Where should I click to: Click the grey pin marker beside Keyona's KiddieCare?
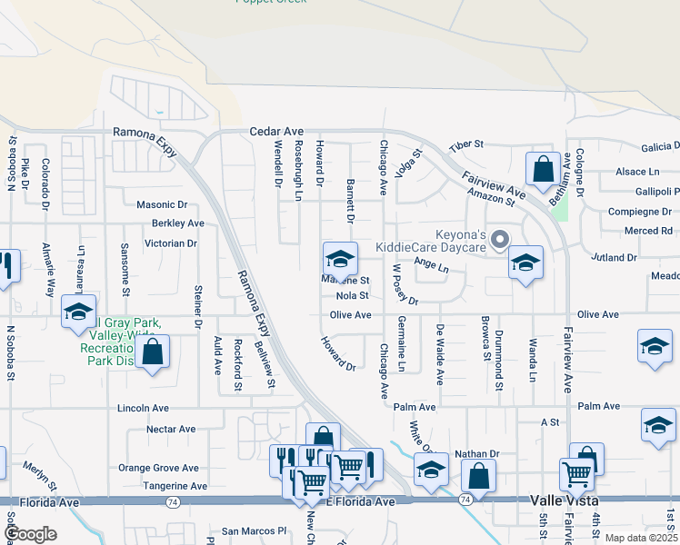click(x=498, y=240)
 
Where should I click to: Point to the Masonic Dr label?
click(x=161, y=205)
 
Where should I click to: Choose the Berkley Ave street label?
click(x=177, y=223)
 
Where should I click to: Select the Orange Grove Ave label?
click(x=158, y=469)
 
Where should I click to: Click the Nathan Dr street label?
click(x=477, y=454)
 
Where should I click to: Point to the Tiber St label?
click(x=465, y=144)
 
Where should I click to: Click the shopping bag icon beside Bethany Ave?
click(x=543, y=169)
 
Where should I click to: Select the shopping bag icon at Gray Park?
click(x=153, y=351)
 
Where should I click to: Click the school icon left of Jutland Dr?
click(x=525, y=263)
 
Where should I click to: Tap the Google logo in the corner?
click(x=30, y=534)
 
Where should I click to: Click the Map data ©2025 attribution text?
click(x=641, y=538)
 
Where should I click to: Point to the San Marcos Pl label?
click(x=255, y=531)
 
